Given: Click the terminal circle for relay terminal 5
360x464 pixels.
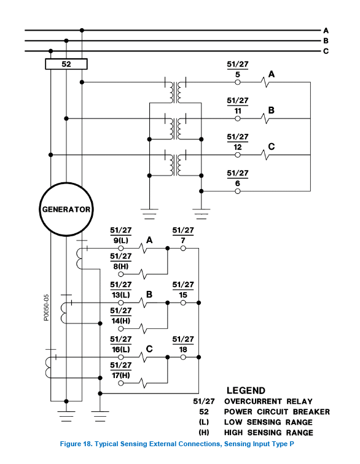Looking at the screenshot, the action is coord(238,82).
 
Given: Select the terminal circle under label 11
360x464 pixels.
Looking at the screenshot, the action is coord(238,118).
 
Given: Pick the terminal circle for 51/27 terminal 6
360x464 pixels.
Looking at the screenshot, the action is coord(238,191).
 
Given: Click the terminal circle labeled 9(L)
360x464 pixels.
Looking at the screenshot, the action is coord(121,249).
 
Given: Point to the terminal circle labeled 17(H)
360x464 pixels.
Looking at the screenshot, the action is coord(121,383).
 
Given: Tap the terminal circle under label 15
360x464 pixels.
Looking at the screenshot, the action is coord(183,303).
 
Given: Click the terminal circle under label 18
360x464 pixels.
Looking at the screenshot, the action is coord(183,357).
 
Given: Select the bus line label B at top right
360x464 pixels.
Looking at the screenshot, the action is coord(326,41).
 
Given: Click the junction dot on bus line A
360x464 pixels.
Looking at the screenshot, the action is coord(82,30).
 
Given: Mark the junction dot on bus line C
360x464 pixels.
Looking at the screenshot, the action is coord(50,51).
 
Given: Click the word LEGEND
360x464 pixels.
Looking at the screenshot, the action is coord(246,390).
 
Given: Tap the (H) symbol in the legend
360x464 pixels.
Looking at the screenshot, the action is coord(204,433).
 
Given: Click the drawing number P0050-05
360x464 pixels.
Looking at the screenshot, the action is coord(46,307).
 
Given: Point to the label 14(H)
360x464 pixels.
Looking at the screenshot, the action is coord(121,321).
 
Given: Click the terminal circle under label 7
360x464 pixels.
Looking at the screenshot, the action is coord(183,249).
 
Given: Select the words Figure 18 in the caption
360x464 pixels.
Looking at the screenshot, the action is coord(76,444).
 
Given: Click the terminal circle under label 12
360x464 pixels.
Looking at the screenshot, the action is coord(238,155).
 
